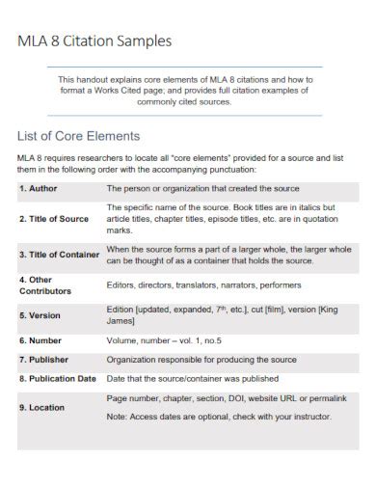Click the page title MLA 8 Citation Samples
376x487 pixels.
94,41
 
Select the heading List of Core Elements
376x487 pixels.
79,136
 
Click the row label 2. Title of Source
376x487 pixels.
54,219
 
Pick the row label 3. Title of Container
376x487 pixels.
59,255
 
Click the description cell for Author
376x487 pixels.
202,188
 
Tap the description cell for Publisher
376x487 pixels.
201,360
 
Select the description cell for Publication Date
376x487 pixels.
193,378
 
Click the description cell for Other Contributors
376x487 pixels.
209,284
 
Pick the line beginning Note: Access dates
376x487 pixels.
219,417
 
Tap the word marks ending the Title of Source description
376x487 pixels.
120,231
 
